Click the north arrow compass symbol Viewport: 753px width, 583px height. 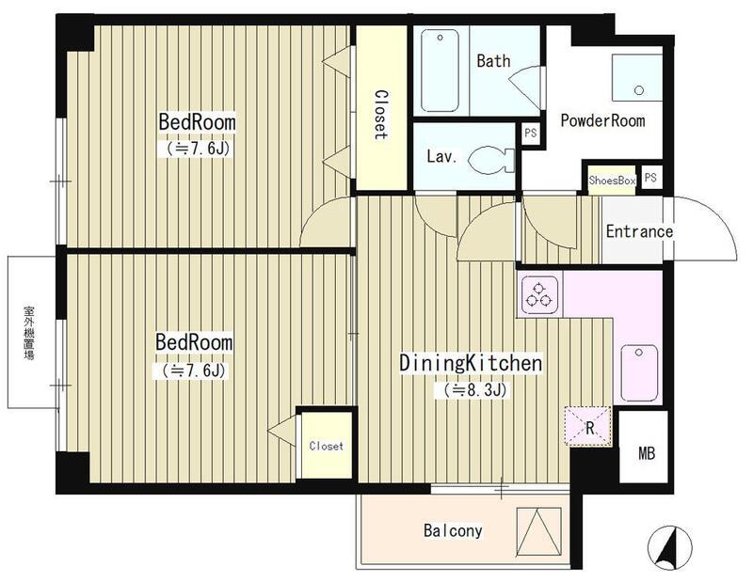(x=669, y=548)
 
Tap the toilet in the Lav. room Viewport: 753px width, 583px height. (x=490, y=159)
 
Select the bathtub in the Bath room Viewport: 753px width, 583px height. (x=440, y=71)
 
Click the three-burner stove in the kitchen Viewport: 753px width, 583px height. (x=538, y=294)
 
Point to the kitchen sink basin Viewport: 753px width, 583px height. (x=639, y=372)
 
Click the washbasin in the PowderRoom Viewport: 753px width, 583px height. (x=637, y=77)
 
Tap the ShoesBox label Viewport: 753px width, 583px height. (x=612, y=181)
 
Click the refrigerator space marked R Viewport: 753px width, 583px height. (x=588, y=426)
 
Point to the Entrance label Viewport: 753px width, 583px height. (x=639, y=231)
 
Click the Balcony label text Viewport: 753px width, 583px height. (x=453, y=530)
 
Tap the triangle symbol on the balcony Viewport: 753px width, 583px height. (x=538, y=531)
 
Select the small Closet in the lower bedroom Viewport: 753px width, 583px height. (x=327, y=446)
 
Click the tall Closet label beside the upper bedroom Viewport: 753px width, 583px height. (x=381, y=115)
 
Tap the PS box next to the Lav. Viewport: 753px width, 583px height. (x=530, y=133)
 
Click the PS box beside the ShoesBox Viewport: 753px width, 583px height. (x=650, y=178)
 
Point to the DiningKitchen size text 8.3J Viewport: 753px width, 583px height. (x=470, y=390)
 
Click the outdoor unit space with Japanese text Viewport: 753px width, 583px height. (x=32, y=332)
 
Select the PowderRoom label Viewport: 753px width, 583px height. (x=602, y=120)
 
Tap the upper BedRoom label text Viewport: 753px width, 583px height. (x=197, y=122)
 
